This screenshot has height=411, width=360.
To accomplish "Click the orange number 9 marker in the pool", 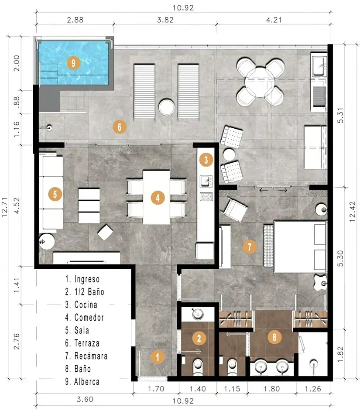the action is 73,63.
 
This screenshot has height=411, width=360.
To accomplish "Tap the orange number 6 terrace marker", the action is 119,127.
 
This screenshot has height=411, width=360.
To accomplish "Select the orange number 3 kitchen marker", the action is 206,160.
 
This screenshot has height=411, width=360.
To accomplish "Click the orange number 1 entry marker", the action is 158,357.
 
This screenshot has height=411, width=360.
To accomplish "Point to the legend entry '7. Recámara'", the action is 86,356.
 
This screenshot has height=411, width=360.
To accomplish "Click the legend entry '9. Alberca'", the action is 82,382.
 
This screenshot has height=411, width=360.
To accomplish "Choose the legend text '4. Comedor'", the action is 84,318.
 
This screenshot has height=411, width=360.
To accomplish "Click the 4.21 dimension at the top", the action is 274,20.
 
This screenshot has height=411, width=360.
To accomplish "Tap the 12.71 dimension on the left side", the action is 5,207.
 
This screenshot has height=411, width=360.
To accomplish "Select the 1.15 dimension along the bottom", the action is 232,389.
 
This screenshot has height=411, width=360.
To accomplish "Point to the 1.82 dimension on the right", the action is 340,354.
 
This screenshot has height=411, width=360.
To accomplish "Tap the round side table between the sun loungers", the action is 167,107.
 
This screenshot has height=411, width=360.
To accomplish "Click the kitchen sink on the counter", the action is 206,182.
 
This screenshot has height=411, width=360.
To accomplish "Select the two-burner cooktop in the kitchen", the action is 206,196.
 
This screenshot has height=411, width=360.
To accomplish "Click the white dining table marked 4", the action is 157,197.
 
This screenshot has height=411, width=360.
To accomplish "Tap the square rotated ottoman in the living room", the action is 106,233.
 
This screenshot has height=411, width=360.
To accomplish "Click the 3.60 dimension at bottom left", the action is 85,399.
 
